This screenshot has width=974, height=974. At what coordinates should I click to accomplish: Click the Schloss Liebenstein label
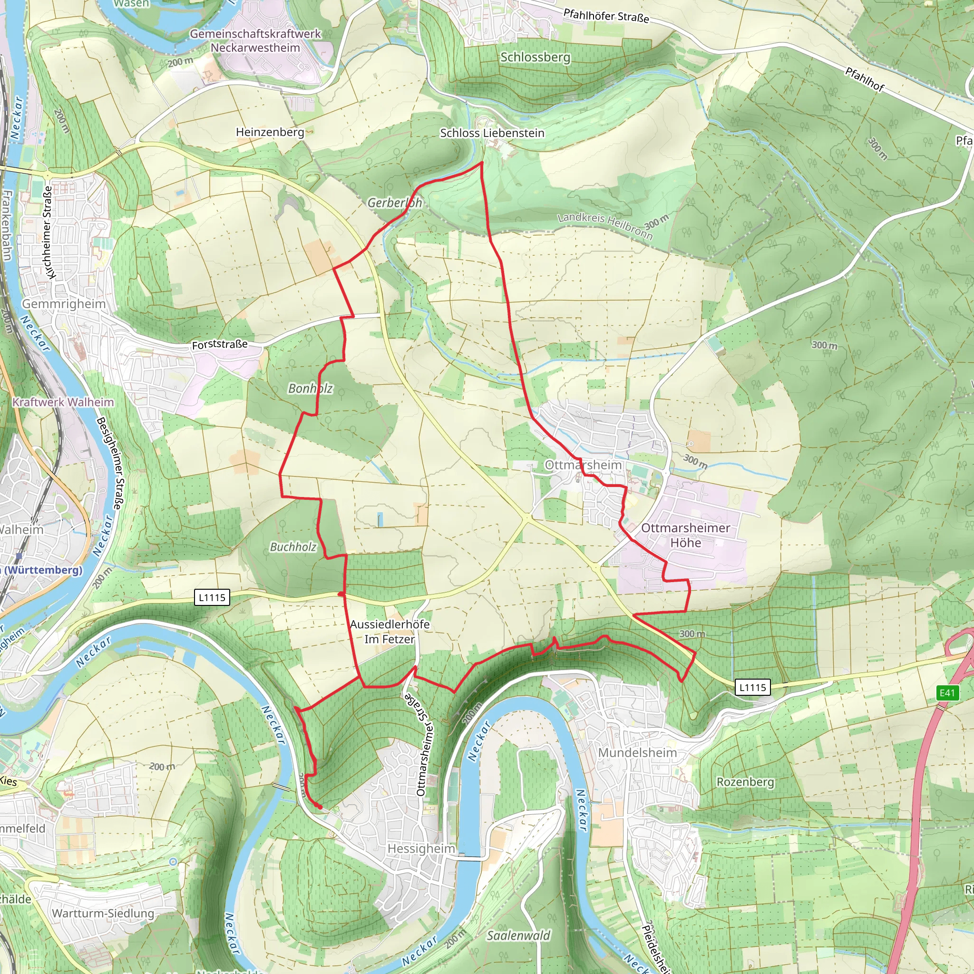[492, 133]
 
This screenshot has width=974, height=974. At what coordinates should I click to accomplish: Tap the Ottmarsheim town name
[583, 465]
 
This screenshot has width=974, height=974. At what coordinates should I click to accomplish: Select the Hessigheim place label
[421, 849]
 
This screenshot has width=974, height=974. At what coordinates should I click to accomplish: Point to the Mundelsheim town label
[637, 753]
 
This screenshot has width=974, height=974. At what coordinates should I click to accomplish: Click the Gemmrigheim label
[64, 304]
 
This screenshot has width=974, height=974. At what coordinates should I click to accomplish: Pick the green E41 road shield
[947, 692]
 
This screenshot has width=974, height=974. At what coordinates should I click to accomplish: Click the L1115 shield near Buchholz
[212, 597]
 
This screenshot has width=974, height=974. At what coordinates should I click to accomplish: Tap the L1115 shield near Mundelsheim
[753, 687]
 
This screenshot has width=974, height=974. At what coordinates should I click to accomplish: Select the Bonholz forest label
[310, 388]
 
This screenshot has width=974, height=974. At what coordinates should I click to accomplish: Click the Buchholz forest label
[293, 547]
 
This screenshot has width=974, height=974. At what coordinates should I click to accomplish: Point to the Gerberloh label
[394, 203]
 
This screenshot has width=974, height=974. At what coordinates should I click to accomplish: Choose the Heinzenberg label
[270, 132]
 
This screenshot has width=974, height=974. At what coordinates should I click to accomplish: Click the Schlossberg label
[535, 58]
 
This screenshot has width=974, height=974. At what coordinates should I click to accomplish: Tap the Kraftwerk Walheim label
[64, 402]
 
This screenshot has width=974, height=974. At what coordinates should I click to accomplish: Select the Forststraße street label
[220, 344]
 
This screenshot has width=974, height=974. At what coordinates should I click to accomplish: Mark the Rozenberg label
[745, 782]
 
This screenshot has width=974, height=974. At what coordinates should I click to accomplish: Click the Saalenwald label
[518, 935]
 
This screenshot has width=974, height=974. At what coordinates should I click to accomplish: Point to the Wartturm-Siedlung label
[103, 914]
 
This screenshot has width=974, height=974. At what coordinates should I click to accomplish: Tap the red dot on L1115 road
[341, 594]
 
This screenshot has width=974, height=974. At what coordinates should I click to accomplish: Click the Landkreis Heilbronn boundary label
[605, 225]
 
